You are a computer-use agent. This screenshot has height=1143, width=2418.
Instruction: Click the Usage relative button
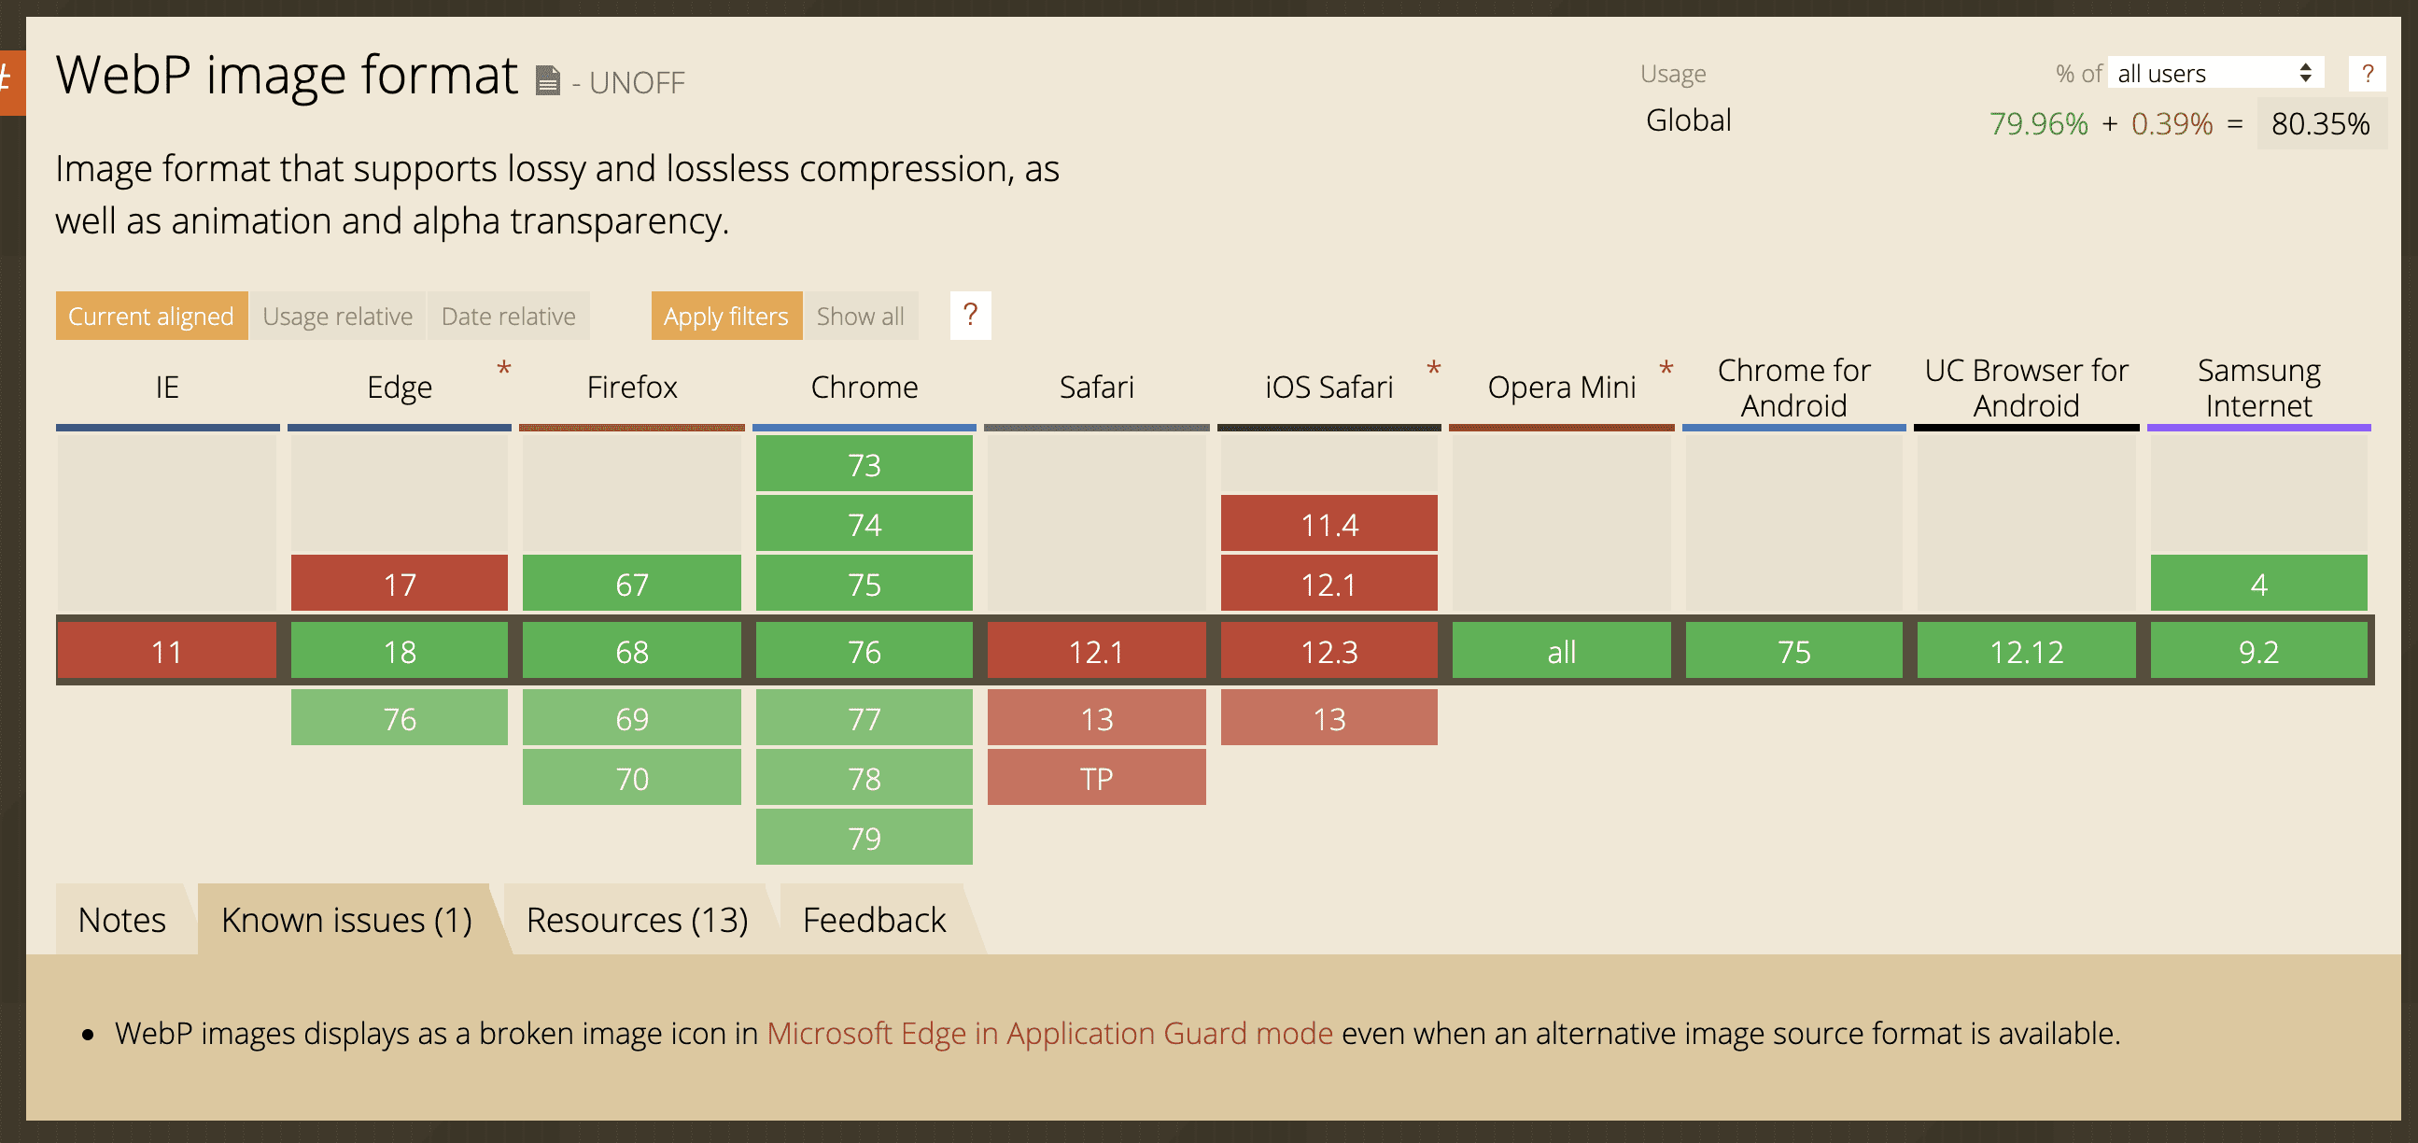click(x=337, y=316)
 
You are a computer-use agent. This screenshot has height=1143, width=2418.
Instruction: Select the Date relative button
click(x=509, y=316)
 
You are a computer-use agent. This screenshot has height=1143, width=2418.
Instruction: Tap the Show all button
click(x=860, y=316)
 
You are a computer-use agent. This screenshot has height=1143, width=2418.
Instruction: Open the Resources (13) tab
click(x=638, y=920)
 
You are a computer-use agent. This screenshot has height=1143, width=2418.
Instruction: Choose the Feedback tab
click(x=875, y=920)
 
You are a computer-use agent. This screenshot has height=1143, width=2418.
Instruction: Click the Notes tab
click(x=122, y=920)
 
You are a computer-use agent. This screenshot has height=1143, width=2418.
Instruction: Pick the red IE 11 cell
click(x=167, y=651)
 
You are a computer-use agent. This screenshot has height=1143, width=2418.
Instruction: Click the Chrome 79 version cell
click(x=864, y=837)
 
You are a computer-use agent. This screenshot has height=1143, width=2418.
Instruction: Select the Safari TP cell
click(x=1096, y=778)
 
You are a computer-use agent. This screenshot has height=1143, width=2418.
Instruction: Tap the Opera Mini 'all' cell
click(x=1561, y=651)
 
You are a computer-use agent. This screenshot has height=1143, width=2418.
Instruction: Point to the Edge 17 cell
click(x=399, y=584)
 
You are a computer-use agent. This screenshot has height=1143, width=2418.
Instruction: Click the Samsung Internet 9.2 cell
click(x=2258, y=651)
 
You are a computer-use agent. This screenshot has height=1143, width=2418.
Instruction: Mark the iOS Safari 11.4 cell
click(x=1329, y=523)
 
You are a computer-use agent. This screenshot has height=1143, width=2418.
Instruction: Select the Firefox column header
click(x=632, y=387)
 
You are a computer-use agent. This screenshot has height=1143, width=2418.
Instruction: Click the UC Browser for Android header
click(x=2026, y=387)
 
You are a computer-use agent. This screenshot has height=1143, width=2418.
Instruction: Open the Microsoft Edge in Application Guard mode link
click(x=1049, y=1033)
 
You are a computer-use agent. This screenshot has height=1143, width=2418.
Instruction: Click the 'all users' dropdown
click(x=2215, y=73)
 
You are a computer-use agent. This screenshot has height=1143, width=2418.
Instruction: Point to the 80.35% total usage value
click(x=2320, y=123)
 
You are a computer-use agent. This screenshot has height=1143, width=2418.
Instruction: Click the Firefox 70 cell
click(x=632, y=778)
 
